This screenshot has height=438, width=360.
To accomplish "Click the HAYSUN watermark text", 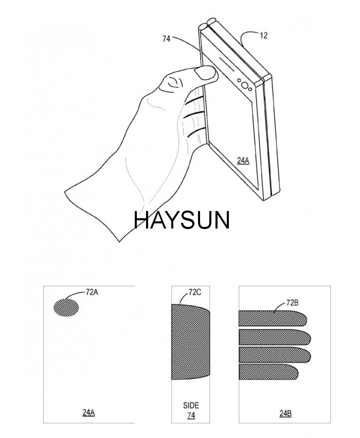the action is pos(182,220).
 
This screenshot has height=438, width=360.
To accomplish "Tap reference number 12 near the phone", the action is pos(263,36).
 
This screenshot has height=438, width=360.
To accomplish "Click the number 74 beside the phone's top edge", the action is pos(166,39).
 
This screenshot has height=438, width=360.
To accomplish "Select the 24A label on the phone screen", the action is pos(243,161).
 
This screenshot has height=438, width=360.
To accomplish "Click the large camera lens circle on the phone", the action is pos(245,85).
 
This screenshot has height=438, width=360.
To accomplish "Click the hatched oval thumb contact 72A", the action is pos(66,308).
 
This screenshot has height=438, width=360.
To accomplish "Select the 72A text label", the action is pos(92,292).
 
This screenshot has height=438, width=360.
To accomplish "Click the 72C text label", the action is pos(195,292).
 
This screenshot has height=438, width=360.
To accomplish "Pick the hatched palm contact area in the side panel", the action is pos(190,342).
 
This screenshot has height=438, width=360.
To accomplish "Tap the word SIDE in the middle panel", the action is pos(191,406).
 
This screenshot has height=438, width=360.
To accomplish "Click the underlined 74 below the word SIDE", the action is pos(191,416).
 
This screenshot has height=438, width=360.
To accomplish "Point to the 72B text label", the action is pos(292,303).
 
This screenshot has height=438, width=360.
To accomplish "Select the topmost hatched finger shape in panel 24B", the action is pos(273,319).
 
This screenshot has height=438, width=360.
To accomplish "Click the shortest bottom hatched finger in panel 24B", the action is pos(268,372).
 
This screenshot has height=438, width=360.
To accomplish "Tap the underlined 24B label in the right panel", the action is pos(285,413).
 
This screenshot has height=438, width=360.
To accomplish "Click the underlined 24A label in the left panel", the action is pos(88,413).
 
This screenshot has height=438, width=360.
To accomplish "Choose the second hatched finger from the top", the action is pos(275,337).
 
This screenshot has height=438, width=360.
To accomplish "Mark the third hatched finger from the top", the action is pos(275,355).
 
